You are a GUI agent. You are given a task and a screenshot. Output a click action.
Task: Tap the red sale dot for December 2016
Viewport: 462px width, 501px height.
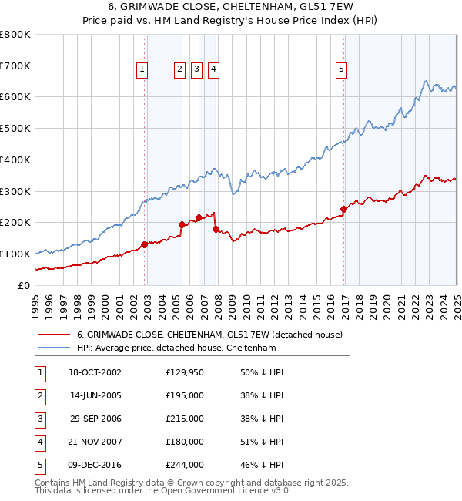pos(343,208)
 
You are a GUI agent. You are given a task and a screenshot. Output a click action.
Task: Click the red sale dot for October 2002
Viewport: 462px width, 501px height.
pos(144,244)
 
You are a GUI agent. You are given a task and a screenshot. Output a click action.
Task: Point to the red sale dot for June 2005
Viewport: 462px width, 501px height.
pos(182,224)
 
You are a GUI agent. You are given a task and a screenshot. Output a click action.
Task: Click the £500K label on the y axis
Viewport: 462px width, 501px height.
pos(15,128)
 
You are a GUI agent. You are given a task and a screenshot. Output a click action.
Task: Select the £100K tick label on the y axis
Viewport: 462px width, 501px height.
pos(15,254)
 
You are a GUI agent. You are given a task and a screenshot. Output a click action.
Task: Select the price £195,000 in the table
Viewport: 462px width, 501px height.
pos(185,395)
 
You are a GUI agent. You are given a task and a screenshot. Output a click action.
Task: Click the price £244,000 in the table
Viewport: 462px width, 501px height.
pos(185,465)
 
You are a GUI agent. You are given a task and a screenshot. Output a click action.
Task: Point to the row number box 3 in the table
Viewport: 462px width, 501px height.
pos(39,419)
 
